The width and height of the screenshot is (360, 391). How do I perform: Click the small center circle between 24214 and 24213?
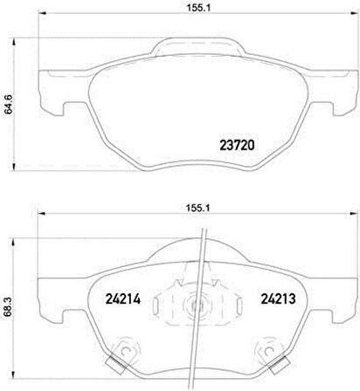(194, 305)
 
